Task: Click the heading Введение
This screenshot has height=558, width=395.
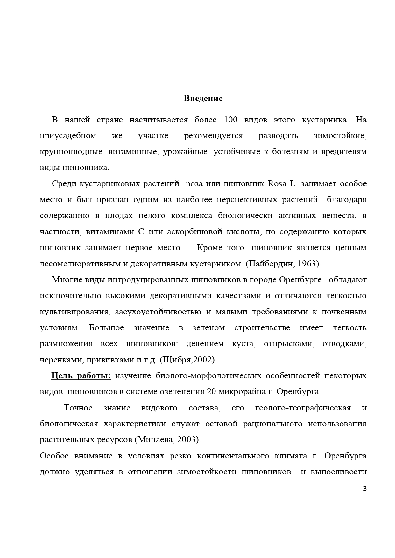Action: pos(203,99)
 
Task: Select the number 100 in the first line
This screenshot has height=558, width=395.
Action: pos(231,120)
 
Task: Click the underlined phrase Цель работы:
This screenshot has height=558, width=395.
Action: pos(81,376)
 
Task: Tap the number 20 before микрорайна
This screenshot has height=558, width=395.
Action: pos(211,392)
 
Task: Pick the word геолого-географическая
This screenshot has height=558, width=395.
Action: pos(303,408)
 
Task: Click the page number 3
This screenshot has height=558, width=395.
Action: pos(365,489)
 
